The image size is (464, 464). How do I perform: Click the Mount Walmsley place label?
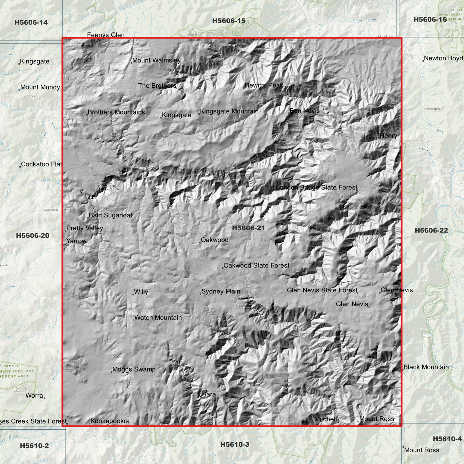[x=156, y=60]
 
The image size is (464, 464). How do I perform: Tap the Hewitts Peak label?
[x=264, y=85]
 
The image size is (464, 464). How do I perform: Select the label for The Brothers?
[x=157, y=86]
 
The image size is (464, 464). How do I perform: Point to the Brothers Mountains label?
[x=116, y=112]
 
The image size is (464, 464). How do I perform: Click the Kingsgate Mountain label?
[x=229, y=111]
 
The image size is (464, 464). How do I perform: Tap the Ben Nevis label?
[x=304, y=111]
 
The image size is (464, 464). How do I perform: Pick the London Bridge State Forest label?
[x=317, y=187]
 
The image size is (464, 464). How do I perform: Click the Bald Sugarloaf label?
[x=110, y=215]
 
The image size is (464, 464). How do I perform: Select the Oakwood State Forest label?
[x=256, y=266]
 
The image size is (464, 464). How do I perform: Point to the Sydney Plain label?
[x=221, y=292]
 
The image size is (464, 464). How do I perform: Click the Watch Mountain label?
[x=158, y=318]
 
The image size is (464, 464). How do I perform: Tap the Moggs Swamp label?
[x=134, y=369]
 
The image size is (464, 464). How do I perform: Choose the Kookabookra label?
[x=110, y=421]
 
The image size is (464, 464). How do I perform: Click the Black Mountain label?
[x=426, y=367]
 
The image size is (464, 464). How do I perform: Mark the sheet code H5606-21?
[x=249, y=228]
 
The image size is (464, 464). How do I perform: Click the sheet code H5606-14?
[x=31, y=22]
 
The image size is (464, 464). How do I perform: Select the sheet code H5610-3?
[x=235, y=444]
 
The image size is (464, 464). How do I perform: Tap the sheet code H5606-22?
[x=431, y=230]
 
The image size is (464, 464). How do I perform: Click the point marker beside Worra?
[x=45, y=398]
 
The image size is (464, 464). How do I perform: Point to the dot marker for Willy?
[x=133, y=294]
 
